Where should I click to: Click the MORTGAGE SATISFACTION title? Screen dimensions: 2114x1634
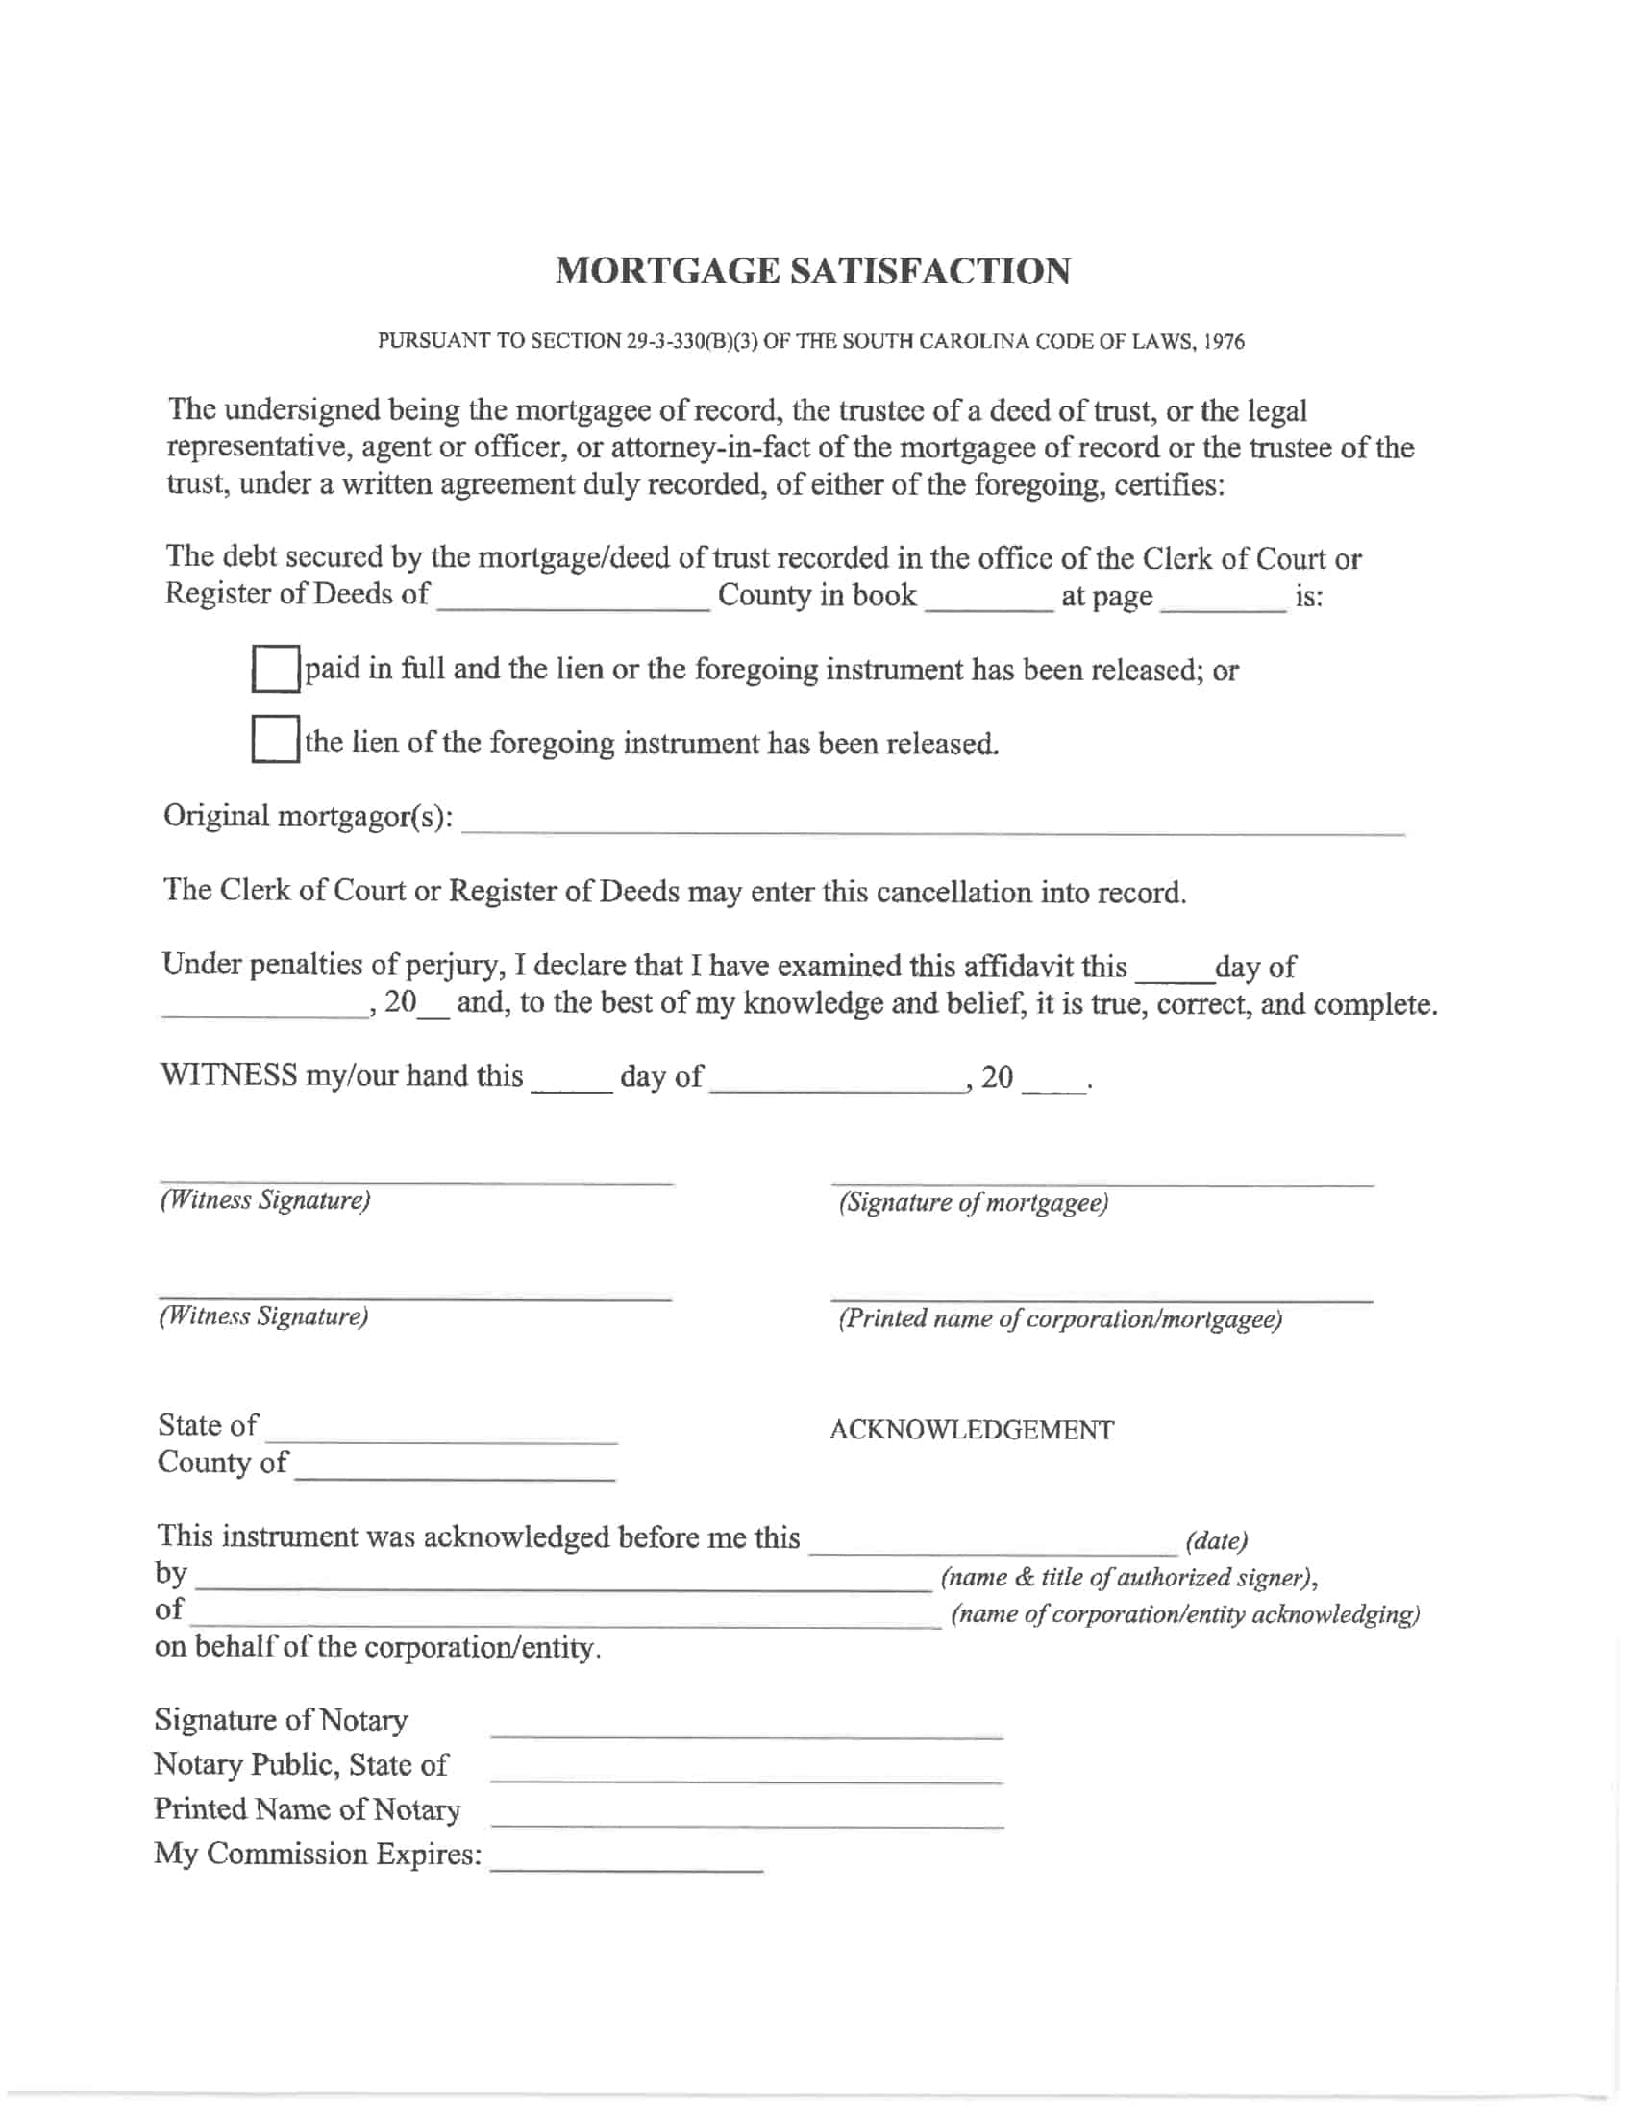coord(813,271)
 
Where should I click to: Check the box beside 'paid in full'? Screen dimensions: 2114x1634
coord(275,669)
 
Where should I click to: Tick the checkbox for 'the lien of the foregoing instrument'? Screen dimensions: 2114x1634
coord(275,741)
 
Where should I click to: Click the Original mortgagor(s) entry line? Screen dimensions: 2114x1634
coord(932,823)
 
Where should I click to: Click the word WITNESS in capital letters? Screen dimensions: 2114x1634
coord(229,1075)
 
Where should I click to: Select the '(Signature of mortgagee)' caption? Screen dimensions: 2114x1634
coord(973,1203)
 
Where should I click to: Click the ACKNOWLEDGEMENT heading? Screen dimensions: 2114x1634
coord(972,1430)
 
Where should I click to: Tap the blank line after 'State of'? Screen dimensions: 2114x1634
coord(441,1434)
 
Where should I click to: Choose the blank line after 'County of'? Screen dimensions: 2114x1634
coord(454,1470)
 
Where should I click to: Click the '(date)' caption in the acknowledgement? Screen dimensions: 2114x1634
coord(1217,1540)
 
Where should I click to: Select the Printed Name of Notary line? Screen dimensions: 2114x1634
coord(746,1817)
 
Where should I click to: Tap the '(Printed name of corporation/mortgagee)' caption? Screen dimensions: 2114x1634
coord(1060,1319)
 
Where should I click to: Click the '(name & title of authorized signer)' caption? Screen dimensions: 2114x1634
coord(1128,1578)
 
